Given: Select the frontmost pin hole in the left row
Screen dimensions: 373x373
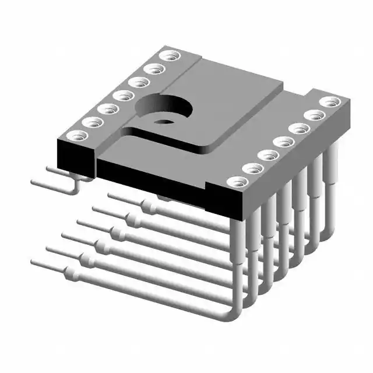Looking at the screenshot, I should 78,136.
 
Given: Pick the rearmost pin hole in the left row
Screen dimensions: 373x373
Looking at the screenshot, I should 171,57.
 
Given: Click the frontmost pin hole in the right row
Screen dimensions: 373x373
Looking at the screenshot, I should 237,182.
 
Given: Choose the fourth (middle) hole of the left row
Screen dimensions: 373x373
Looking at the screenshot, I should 122,94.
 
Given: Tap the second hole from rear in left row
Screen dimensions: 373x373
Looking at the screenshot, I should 154,69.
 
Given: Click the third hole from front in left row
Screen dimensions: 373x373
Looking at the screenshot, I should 106,108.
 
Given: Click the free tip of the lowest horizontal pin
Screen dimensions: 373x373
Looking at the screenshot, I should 34,263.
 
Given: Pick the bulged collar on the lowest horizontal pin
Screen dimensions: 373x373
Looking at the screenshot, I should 73,273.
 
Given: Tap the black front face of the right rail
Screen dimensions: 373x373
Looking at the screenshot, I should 224,202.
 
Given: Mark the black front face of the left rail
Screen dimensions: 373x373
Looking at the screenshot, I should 75,158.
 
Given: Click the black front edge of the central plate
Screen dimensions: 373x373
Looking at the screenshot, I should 152,177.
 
